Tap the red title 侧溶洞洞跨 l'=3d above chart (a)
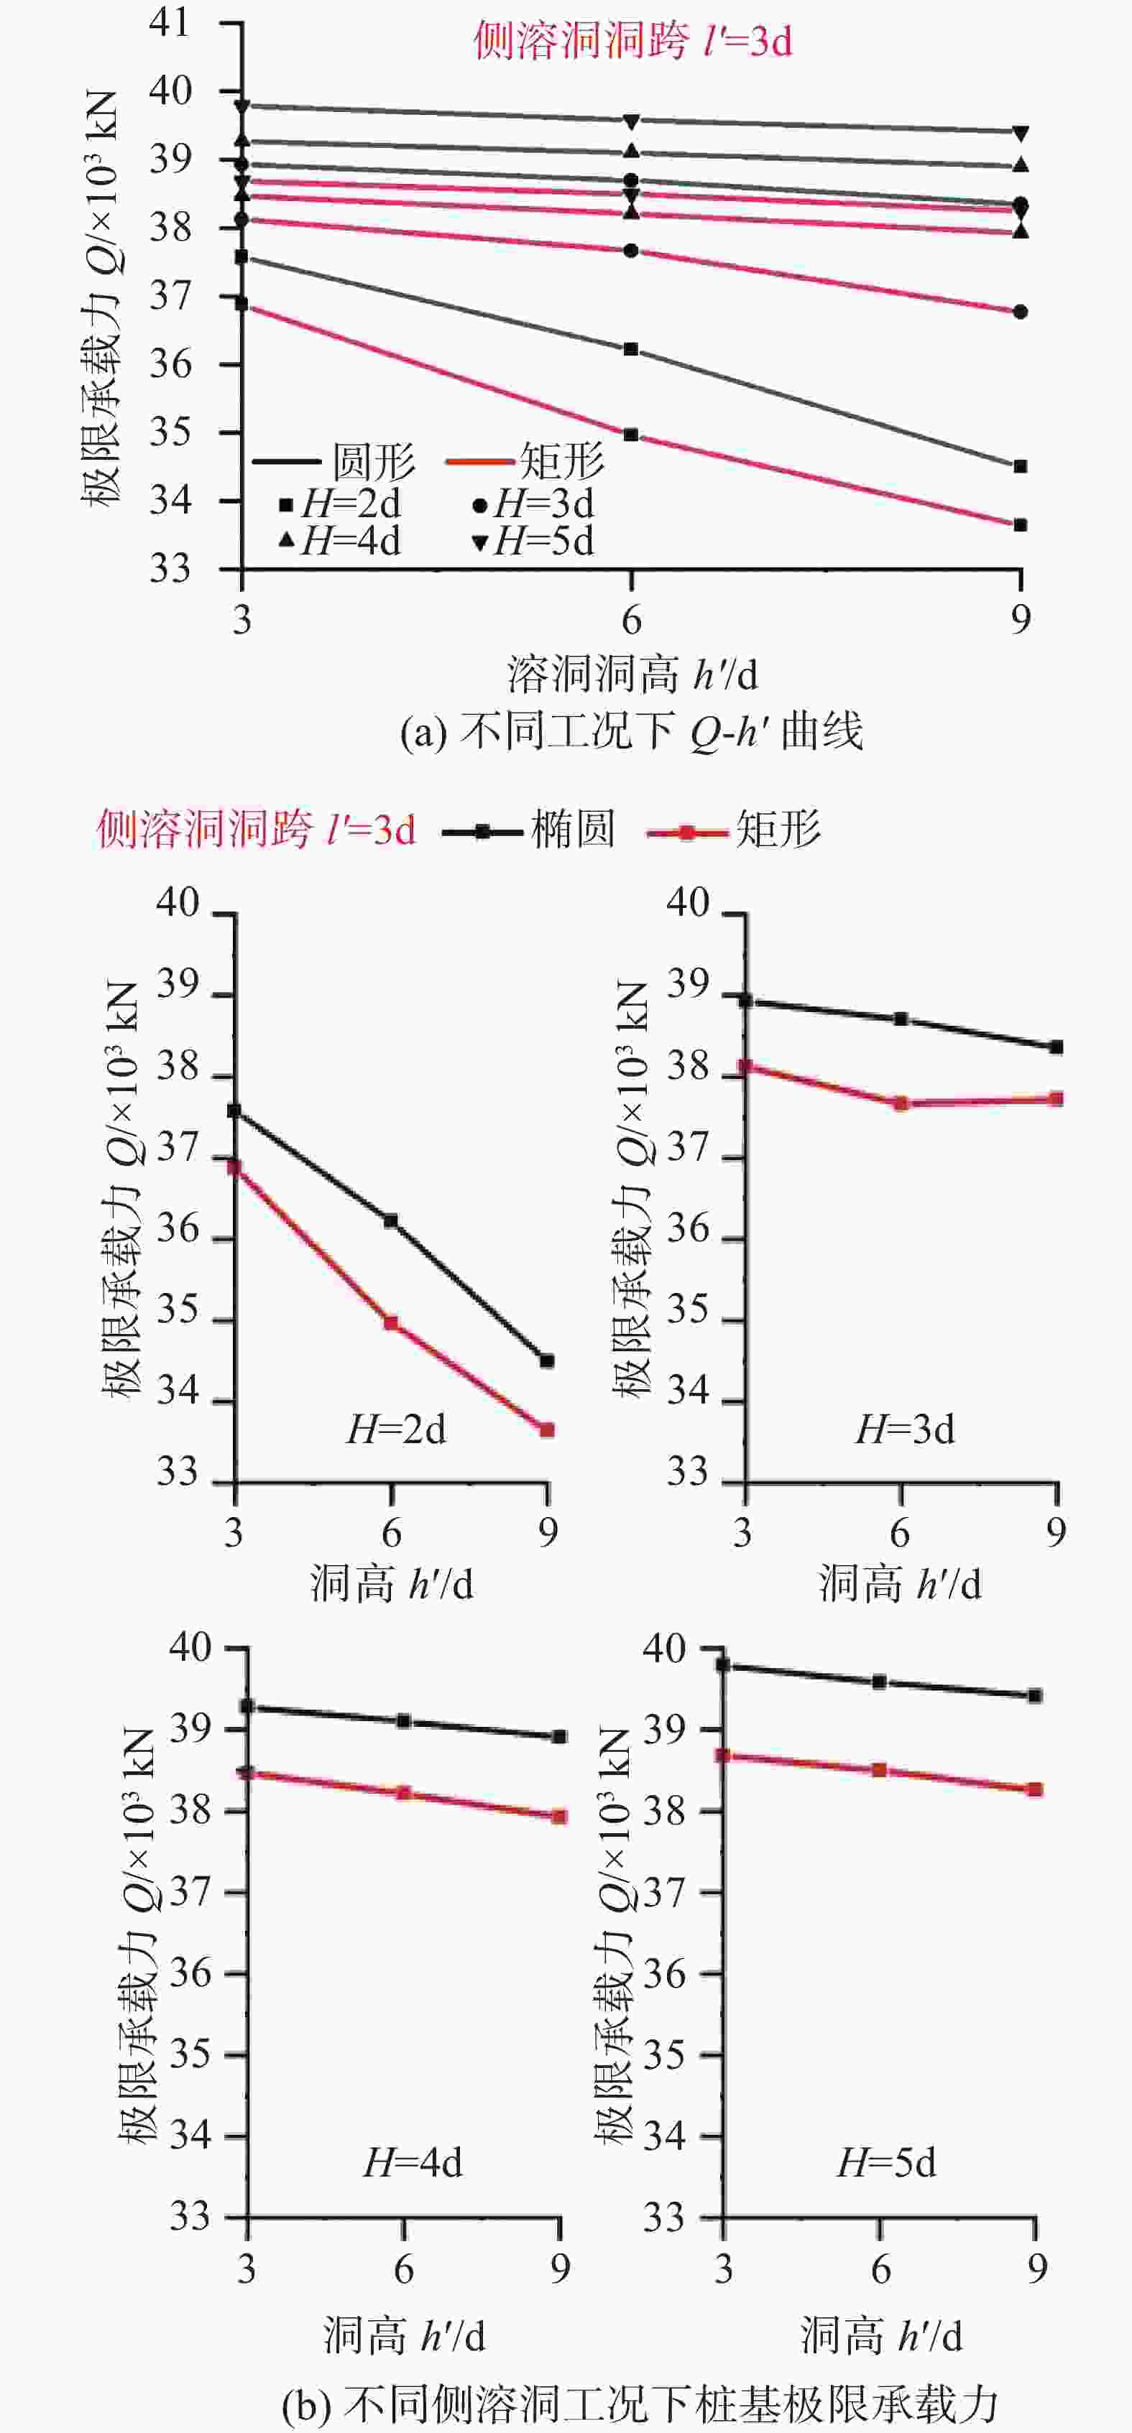tap(632, 42)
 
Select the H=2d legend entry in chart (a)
tap(340, 504)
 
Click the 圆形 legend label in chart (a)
tap(373, 462)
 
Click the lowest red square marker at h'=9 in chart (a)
tap(1021, 525)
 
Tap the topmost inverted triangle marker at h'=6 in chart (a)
tap(631, 121)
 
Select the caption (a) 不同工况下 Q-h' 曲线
tap(631, 732)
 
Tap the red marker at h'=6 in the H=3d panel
tap(901, 1103)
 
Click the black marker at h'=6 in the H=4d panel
tap(403, 1721)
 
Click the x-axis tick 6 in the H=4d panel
tap(403, 2269)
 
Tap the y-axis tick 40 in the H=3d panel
tap(688, 903)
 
